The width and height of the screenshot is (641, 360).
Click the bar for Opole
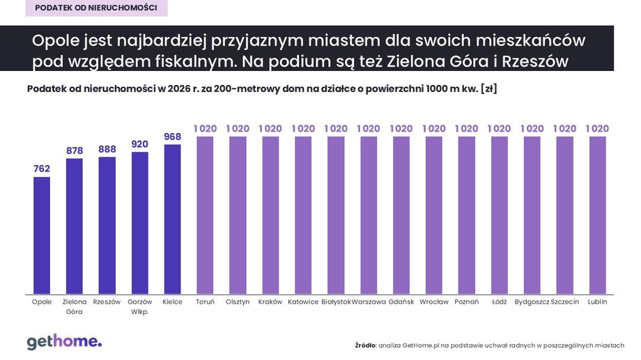(42, 235)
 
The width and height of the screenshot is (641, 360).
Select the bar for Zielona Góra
(75, 226)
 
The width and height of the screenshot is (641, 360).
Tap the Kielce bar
(172, 219)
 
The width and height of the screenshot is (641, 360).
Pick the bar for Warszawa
(369, 214)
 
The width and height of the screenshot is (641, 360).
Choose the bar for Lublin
(598, 214)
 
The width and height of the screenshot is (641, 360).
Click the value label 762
(42, 168)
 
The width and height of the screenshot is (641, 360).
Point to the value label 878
(75, 150)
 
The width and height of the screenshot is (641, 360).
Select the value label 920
(139, 143)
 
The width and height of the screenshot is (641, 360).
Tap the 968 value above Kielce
(172, 136)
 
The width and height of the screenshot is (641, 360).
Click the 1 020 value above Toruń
(205, 128)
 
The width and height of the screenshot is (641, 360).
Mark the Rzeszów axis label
(107, 302)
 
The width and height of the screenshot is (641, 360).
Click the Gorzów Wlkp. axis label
(139, 306)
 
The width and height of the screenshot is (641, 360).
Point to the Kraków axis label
(270, 302)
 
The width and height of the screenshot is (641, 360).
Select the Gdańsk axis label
(401, 302)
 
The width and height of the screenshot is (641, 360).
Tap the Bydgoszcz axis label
(532, 302)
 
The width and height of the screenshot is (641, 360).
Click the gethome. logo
(64, 341)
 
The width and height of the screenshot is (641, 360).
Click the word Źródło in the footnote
(365, 345)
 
